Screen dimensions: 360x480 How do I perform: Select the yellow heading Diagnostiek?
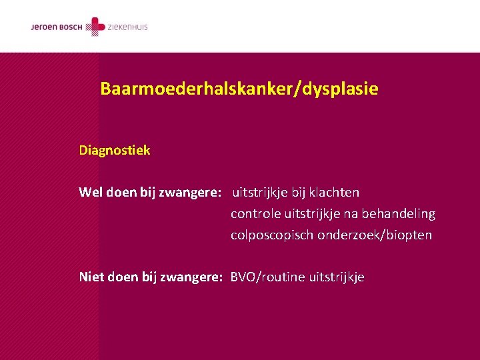coord(114,151)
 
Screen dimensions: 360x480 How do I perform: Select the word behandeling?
coord(398,214)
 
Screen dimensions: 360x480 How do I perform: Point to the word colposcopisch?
coord(272,235)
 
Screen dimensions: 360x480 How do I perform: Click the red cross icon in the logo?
coord(97,27)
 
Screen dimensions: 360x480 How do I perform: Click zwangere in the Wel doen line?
coord(190,193)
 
